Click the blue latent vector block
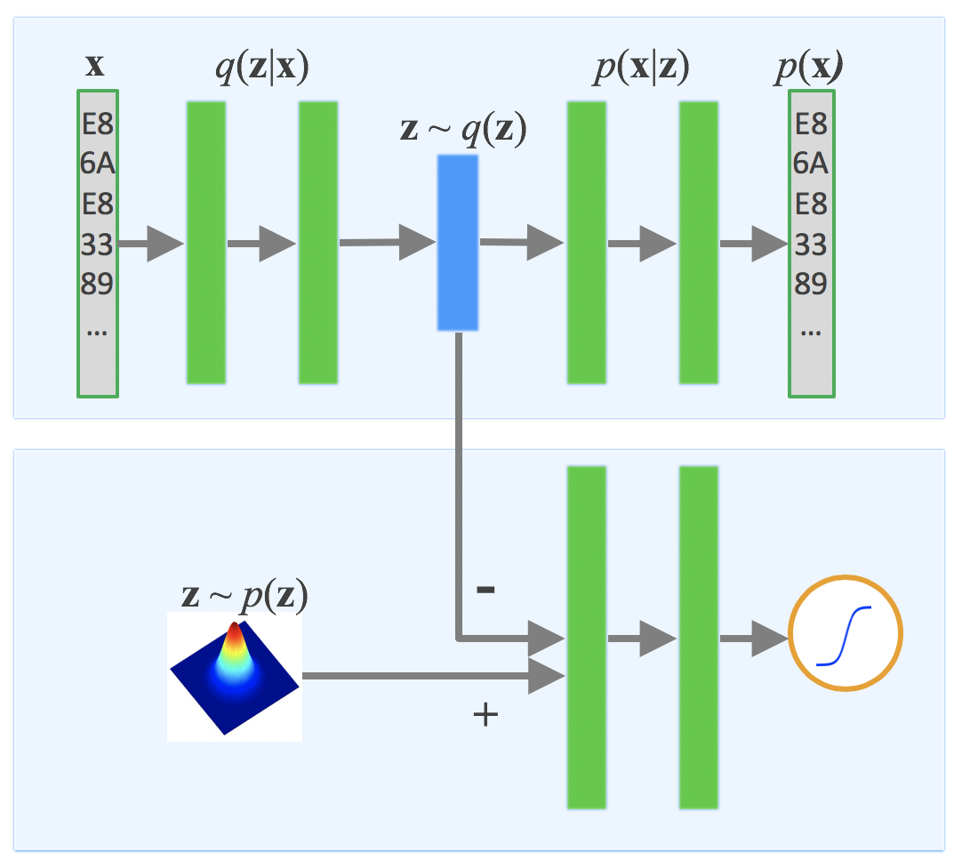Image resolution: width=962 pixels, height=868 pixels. tap(458, 243)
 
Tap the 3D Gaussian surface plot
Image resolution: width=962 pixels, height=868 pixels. tap(235, 677)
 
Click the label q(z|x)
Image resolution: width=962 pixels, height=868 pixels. tap(262, 69)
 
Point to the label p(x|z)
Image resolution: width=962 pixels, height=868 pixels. tap(640, 69)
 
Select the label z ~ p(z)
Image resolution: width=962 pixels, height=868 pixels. tap(245, 596)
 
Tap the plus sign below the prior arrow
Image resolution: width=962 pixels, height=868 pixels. tap(485, 715)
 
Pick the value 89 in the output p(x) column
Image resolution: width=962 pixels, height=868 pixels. tap(810, 285)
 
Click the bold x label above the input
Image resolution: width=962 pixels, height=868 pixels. tap(93, 66)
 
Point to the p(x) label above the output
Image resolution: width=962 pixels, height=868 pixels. tap(808, 69)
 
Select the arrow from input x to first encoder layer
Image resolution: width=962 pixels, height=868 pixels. tap(151, 244)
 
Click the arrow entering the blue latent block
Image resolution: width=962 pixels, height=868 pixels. tap(387, 242)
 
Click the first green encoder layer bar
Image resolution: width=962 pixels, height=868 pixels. tap(206, 243)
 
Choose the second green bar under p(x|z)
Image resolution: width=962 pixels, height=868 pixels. tap(698, 243)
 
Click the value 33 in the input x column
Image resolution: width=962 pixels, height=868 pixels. tap(98, 244)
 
